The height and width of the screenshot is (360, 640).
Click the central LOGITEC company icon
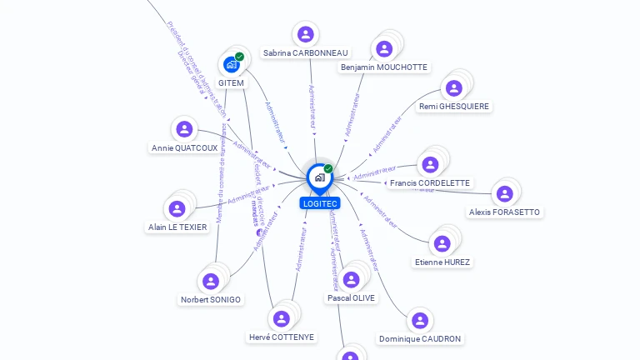point(319,177)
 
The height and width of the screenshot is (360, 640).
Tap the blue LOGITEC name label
point(320,203)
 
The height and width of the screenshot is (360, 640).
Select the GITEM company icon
point(231,64)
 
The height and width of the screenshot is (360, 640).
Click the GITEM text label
point(231,83)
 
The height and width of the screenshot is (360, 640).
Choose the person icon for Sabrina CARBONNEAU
point(305,34)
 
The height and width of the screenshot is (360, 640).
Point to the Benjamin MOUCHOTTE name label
point(383,67)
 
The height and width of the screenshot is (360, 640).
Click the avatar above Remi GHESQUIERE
point(454,87)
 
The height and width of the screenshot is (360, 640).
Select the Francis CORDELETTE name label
point(430,183)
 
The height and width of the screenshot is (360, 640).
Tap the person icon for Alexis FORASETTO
point(504,193)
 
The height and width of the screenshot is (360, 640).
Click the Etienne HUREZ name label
point(442,262)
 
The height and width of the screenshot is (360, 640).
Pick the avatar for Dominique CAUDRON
point(420,321)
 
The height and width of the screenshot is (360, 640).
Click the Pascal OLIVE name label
point(351,297)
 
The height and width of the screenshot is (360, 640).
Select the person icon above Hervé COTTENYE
point(282,318)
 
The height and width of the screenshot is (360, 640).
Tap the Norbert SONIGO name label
point(211,299)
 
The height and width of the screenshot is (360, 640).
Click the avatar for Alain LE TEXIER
point(177,208)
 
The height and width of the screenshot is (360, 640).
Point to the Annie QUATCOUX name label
point(184,148)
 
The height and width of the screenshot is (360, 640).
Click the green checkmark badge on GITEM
point(240,57)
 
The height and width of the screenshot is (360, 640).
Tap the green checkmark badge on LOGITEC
point(328,168)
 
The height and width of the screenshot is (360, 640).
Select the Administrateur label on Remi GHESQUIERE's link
point(387,134)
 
